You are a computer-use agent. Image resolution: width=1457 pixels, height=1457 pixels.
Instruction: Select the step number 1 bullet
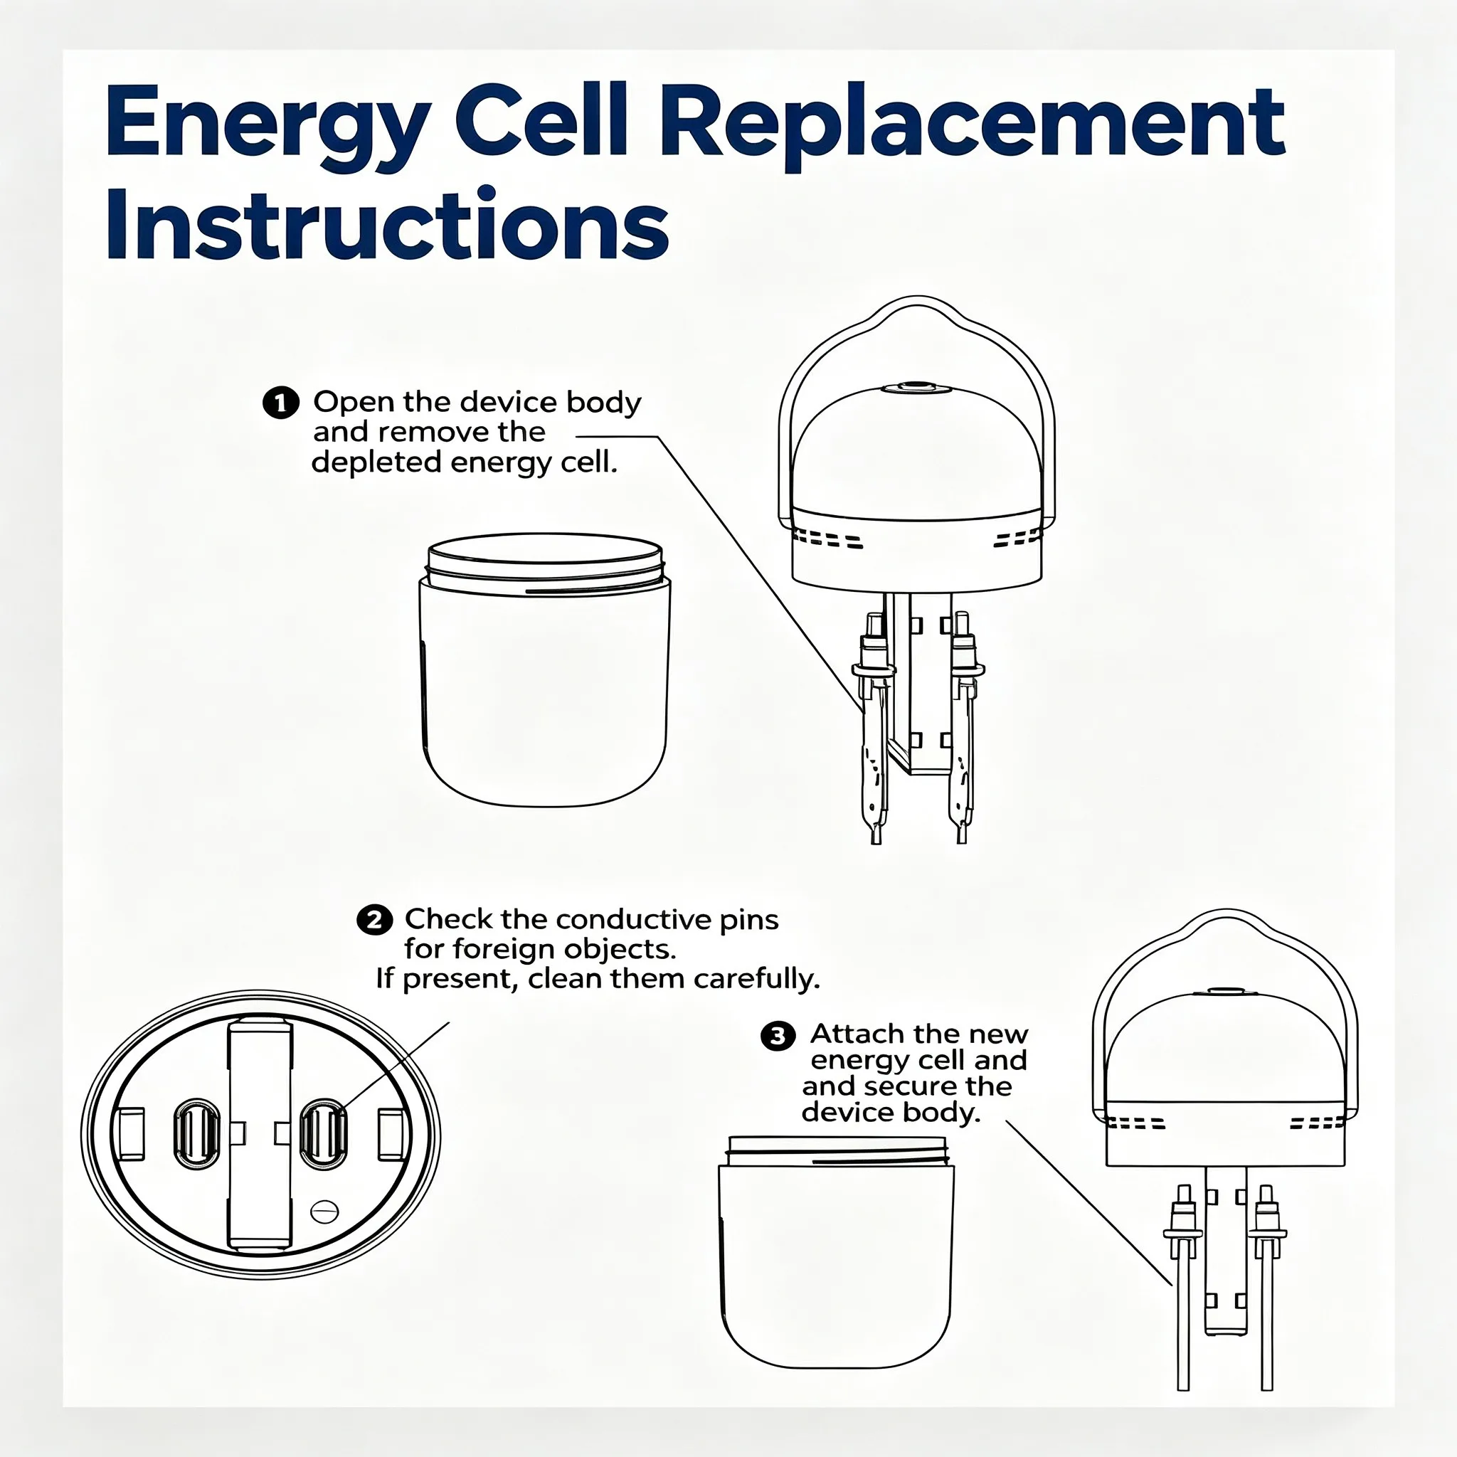280,403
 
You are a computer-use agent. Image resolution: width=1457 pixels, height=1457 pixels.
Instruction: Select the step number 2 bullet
374,920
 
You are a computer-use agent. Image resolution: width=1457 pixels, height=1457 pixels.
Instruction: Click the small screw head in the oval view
324,1212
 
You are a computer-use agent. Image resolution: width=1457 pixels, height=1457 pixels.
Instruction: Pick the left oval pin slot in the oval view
197,1133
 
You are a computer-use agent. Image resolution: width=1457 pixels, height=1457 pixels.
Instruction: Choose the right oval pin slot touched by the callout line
324,1133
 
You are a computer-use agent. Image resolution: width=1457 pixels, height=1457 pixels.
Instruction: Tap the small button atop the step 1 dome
916,388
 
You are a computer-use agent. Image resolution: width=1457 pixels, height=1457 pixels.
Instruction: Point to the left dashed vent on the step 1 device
827,539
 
